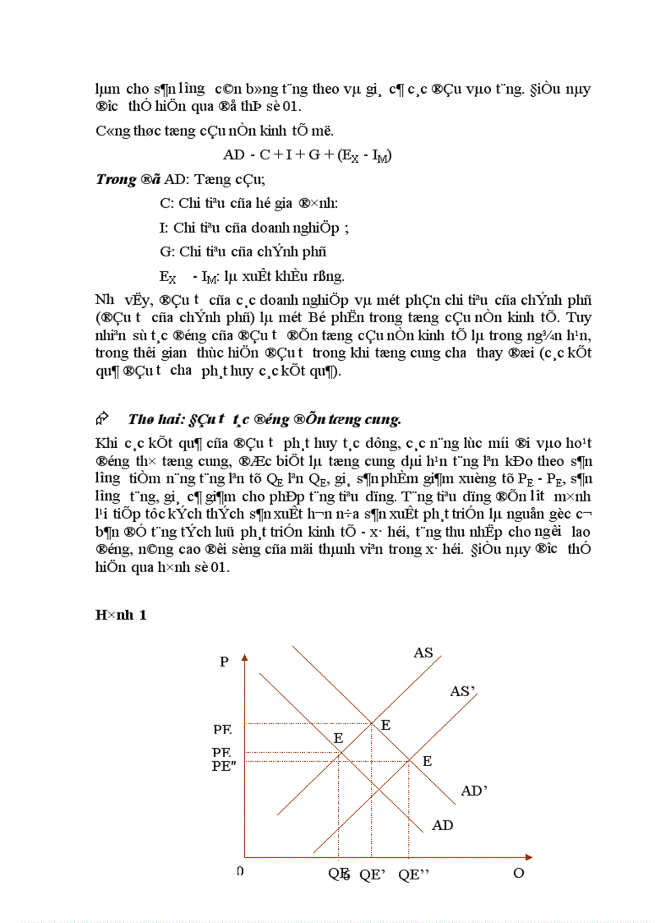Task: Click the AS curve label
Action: click(x=423, y=653)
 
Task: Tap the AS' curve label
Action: click(x=463, y=692)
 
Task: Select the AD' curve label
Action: click(x=474, y=791)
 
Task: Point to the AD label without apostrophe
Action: click(x=442, y=824)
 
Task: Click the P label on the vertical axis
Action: click(x=224, y=662)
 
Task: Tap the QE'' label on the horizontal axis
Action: click(x=414, y=875)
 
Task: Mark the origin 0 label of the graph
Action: click(x=239, y=871)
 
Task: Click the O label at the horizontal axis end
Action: click(x=518, y=873)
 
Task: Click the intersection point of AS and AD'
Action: click(x=373, y=723)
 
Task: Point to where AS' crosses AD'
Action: click(x=410, y=761)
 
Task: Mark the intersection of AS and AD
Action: click(x=340, y=752)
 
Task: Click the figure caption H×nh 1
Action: click(x=121, y=616)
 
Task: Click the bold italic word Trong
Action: click(x=116, y=179)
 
